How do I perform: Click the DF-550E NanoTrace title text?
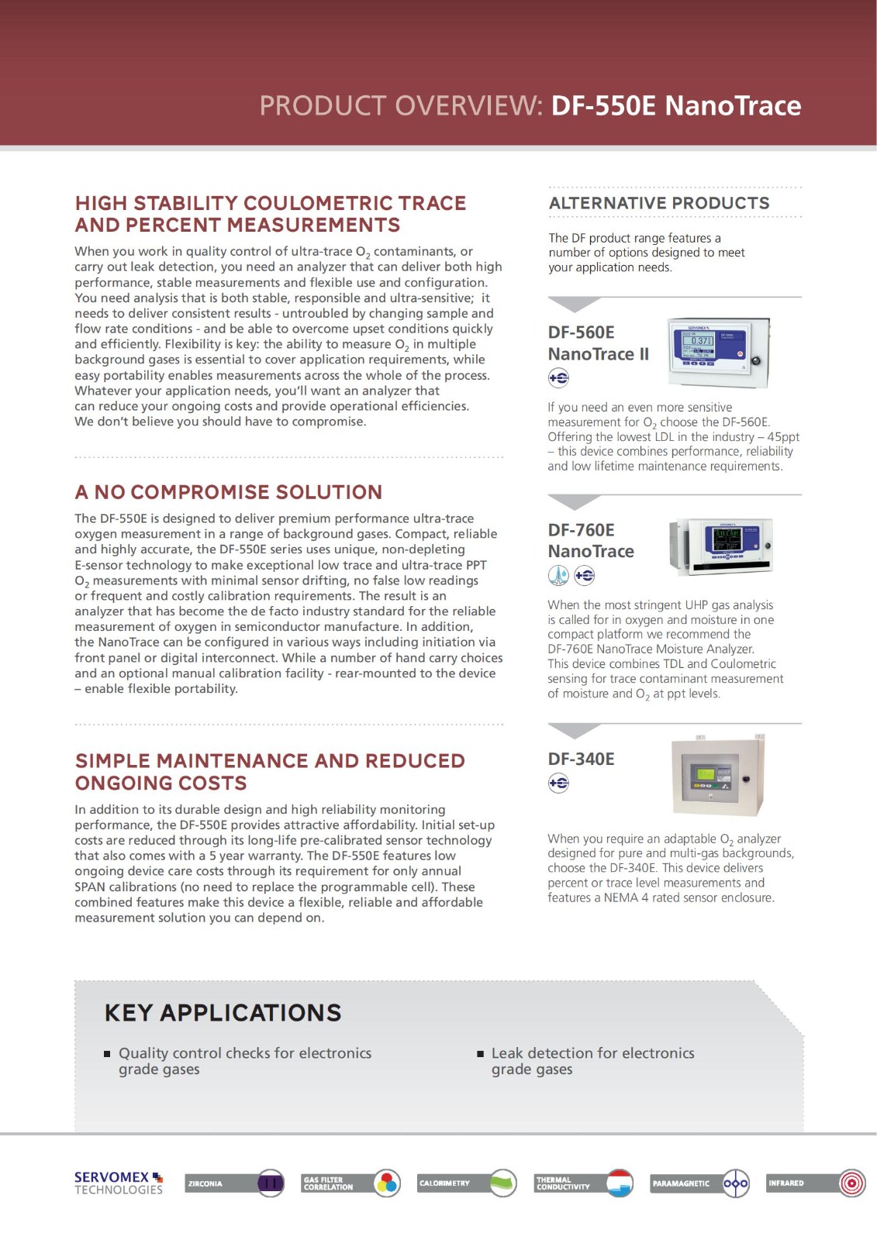coord(675,105)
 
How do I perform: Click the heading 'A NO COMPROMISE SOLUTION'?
coord(229,492)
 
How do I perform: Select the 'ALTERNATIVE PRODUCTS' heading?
coord(659,203)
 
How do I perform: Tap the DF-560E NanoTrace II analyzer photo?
coord(719,352)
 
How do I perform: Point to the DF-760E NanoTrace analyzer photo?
coord(720,546)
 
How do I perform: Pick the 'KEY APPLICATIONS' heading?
coord(223,1012)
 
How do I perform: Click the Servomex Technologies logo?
coord(119,1183)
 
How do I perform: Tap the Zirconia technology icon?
coord(271,1183)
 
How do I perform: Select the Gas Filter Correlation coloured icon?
coord(387,1183)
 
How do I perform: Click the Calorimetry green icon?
coord(503,1183)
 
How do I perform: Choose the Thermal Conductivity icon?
coord(620,1183)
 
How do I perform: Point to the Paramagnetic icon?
coord(735,1183)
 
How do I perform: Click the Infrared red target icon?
coord(851,1183)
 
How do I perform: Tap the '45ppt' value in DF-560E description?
coord(782,437)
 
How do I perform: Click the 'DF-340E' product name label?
coord(581,759)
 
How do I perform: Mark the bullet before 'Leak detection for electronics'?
coord(481,1054)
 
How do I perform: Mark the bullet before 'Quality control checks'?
coord(108,1054)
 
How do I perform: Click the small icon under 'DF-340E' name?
coord(558,784)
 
